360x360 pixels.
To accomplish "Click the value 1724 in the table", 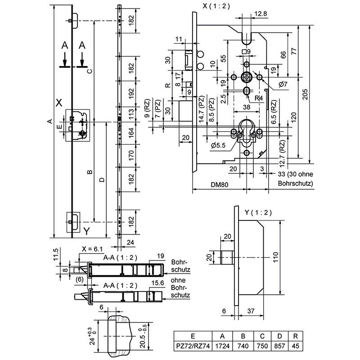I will click(x=222, y=346).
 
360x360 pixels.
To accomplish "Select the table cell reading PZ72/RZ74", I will click(x=193, y=346).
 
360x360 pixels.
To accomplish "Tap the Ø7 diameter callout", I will click(x=283, y=84).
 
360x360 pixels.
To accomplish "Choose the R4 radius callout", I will click(x=258, y=97).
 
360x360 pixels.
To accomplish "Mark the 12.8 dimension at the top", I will click(x=261, y=13).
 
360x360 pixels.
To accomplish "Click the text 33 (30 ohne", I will click(x=295, y=175).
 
